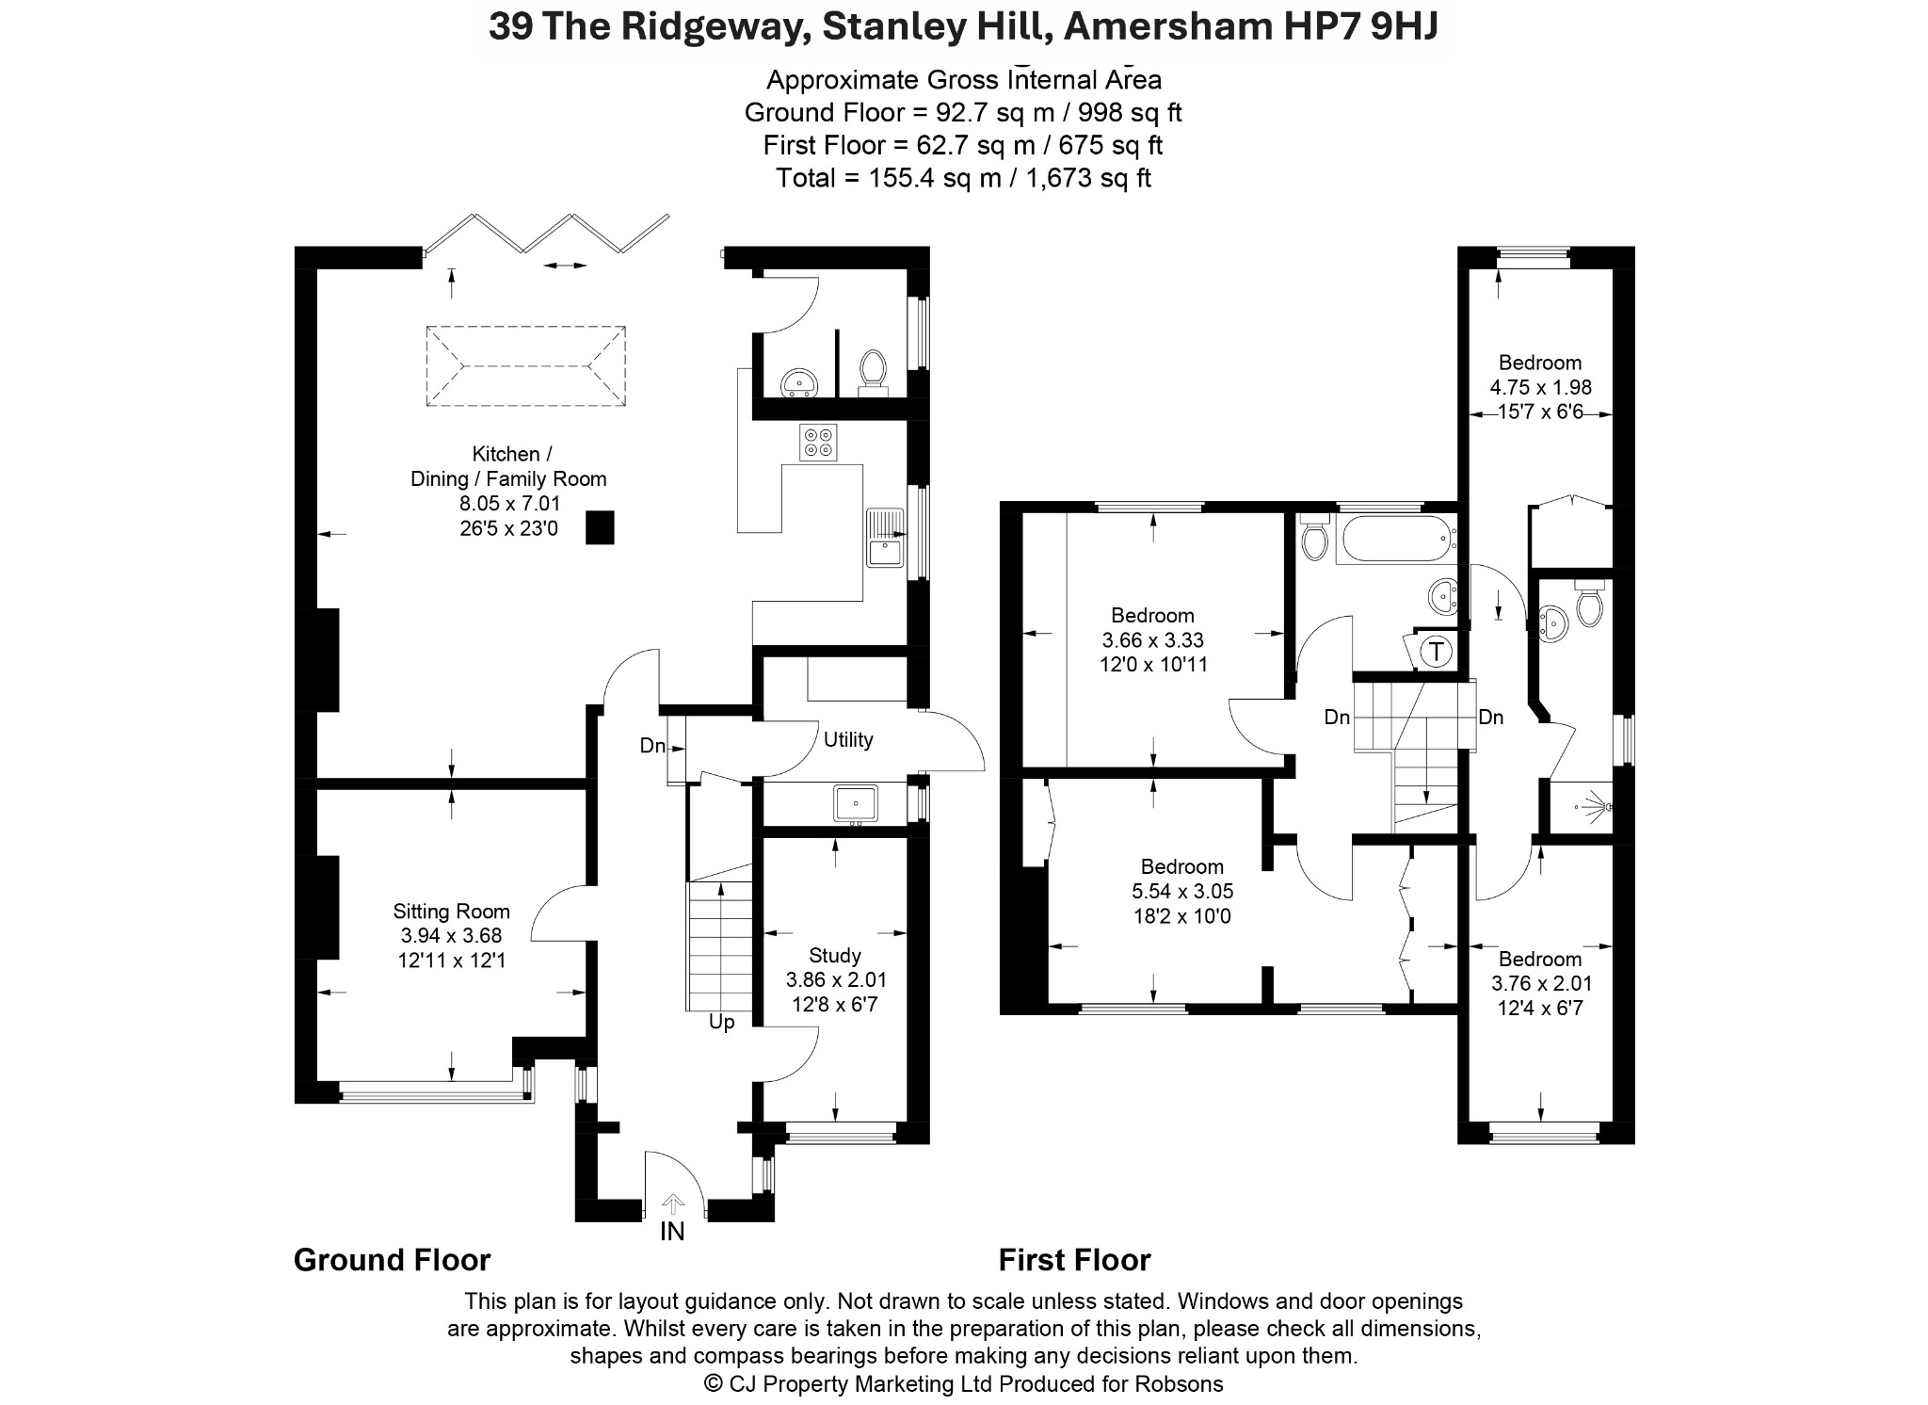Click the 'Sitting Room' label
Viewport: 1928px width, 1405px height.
coord(451,911)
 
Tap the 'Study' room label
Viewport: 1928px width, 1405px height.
coord(835,956)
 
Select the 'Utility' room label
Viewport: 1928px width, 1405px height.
coord(848,739)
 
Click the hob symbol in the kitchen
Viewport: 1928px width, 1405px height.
coord(818,443)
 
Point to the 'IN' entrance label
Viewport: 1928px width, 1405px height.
coord(672,1231)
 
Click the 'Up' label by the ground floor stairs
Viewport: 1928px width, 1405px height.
coord(721,1022)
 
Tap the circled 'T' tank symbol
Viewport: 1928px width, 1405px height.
coord(1437,651)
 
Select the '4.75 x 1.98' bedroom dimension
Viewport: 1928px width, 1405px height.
coord(1540,387)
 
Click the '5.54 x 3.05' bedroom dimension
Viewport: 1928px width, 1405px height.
coord(1182,891)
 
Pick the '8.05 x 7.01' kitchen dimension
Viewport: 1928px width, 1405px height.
coord(509,504)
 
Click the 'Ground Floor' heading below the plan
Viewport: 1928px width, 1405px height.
coord(393,1260)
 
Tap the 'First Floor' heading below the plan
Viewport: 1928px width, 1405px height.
coord(1075,1260)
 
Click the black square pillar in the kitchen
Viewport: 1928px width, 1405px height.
coord(600,527)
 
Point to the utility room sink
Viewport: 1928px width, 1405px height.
coord(856,804)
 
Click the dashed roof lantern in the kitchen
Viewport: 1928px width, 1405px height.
coord(526,366)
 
